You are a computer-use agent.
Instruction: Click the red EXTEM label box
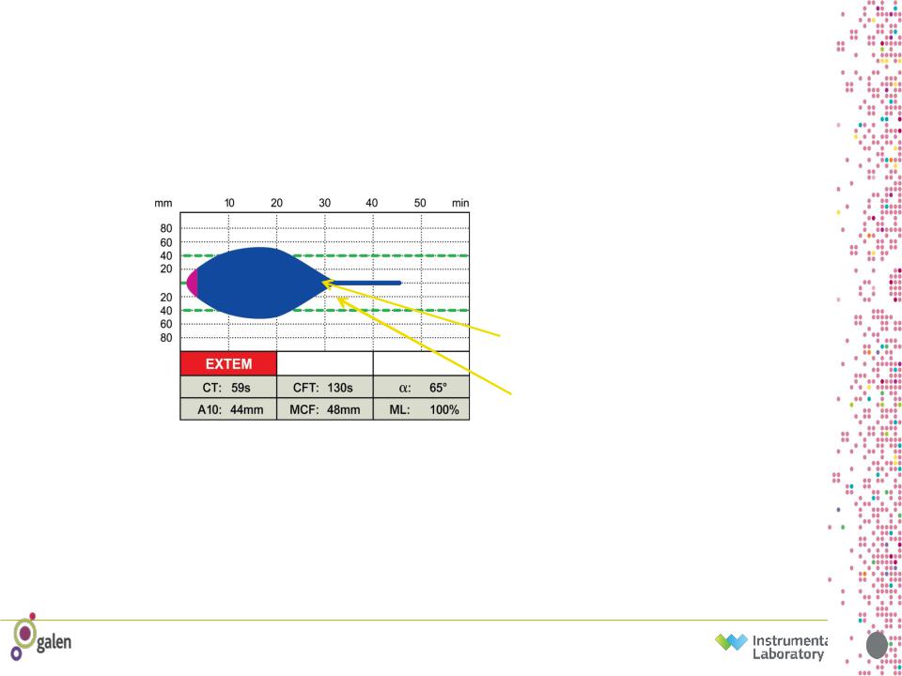click(228, 364)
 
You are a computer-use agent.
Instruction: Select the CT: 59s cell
click(228, 388)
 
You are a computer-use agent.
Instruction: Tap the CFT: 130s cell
click(324, 388)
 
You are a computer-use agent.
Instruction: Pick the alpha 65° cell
click(421, 388)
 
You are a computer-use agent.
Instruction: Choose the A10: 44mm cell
click(228, 409)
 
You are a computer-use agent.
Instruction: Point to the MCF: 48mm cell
click(324, 409)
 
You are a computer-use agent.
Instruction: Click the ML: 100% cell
click(421, 409)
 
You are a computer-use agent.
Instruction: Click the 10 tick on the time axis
click(229, 203)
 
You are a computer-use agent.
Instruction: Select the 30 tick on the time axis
click(325, 203)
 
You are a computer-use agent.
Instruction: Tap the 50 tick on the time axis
click(421, 203)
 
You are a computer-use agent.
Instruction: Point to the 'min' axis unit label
click(460, 203)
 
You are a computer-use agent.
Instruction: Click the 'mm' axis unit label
click(163, 203)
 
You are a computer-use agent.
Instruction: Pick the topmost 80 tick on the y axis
click(165, 228)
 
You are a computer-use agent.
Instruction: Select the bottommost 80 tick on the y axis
click(165, 338)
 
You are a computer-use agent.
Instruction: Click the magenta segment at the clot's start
click(193, 283)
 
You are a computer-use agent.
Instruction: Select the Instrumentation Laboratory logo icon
click(731, 643)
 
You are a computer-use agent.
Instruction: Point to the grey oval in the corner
click(877, 646)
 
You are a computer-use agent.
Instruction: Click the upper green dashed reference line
click(325, 255)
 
